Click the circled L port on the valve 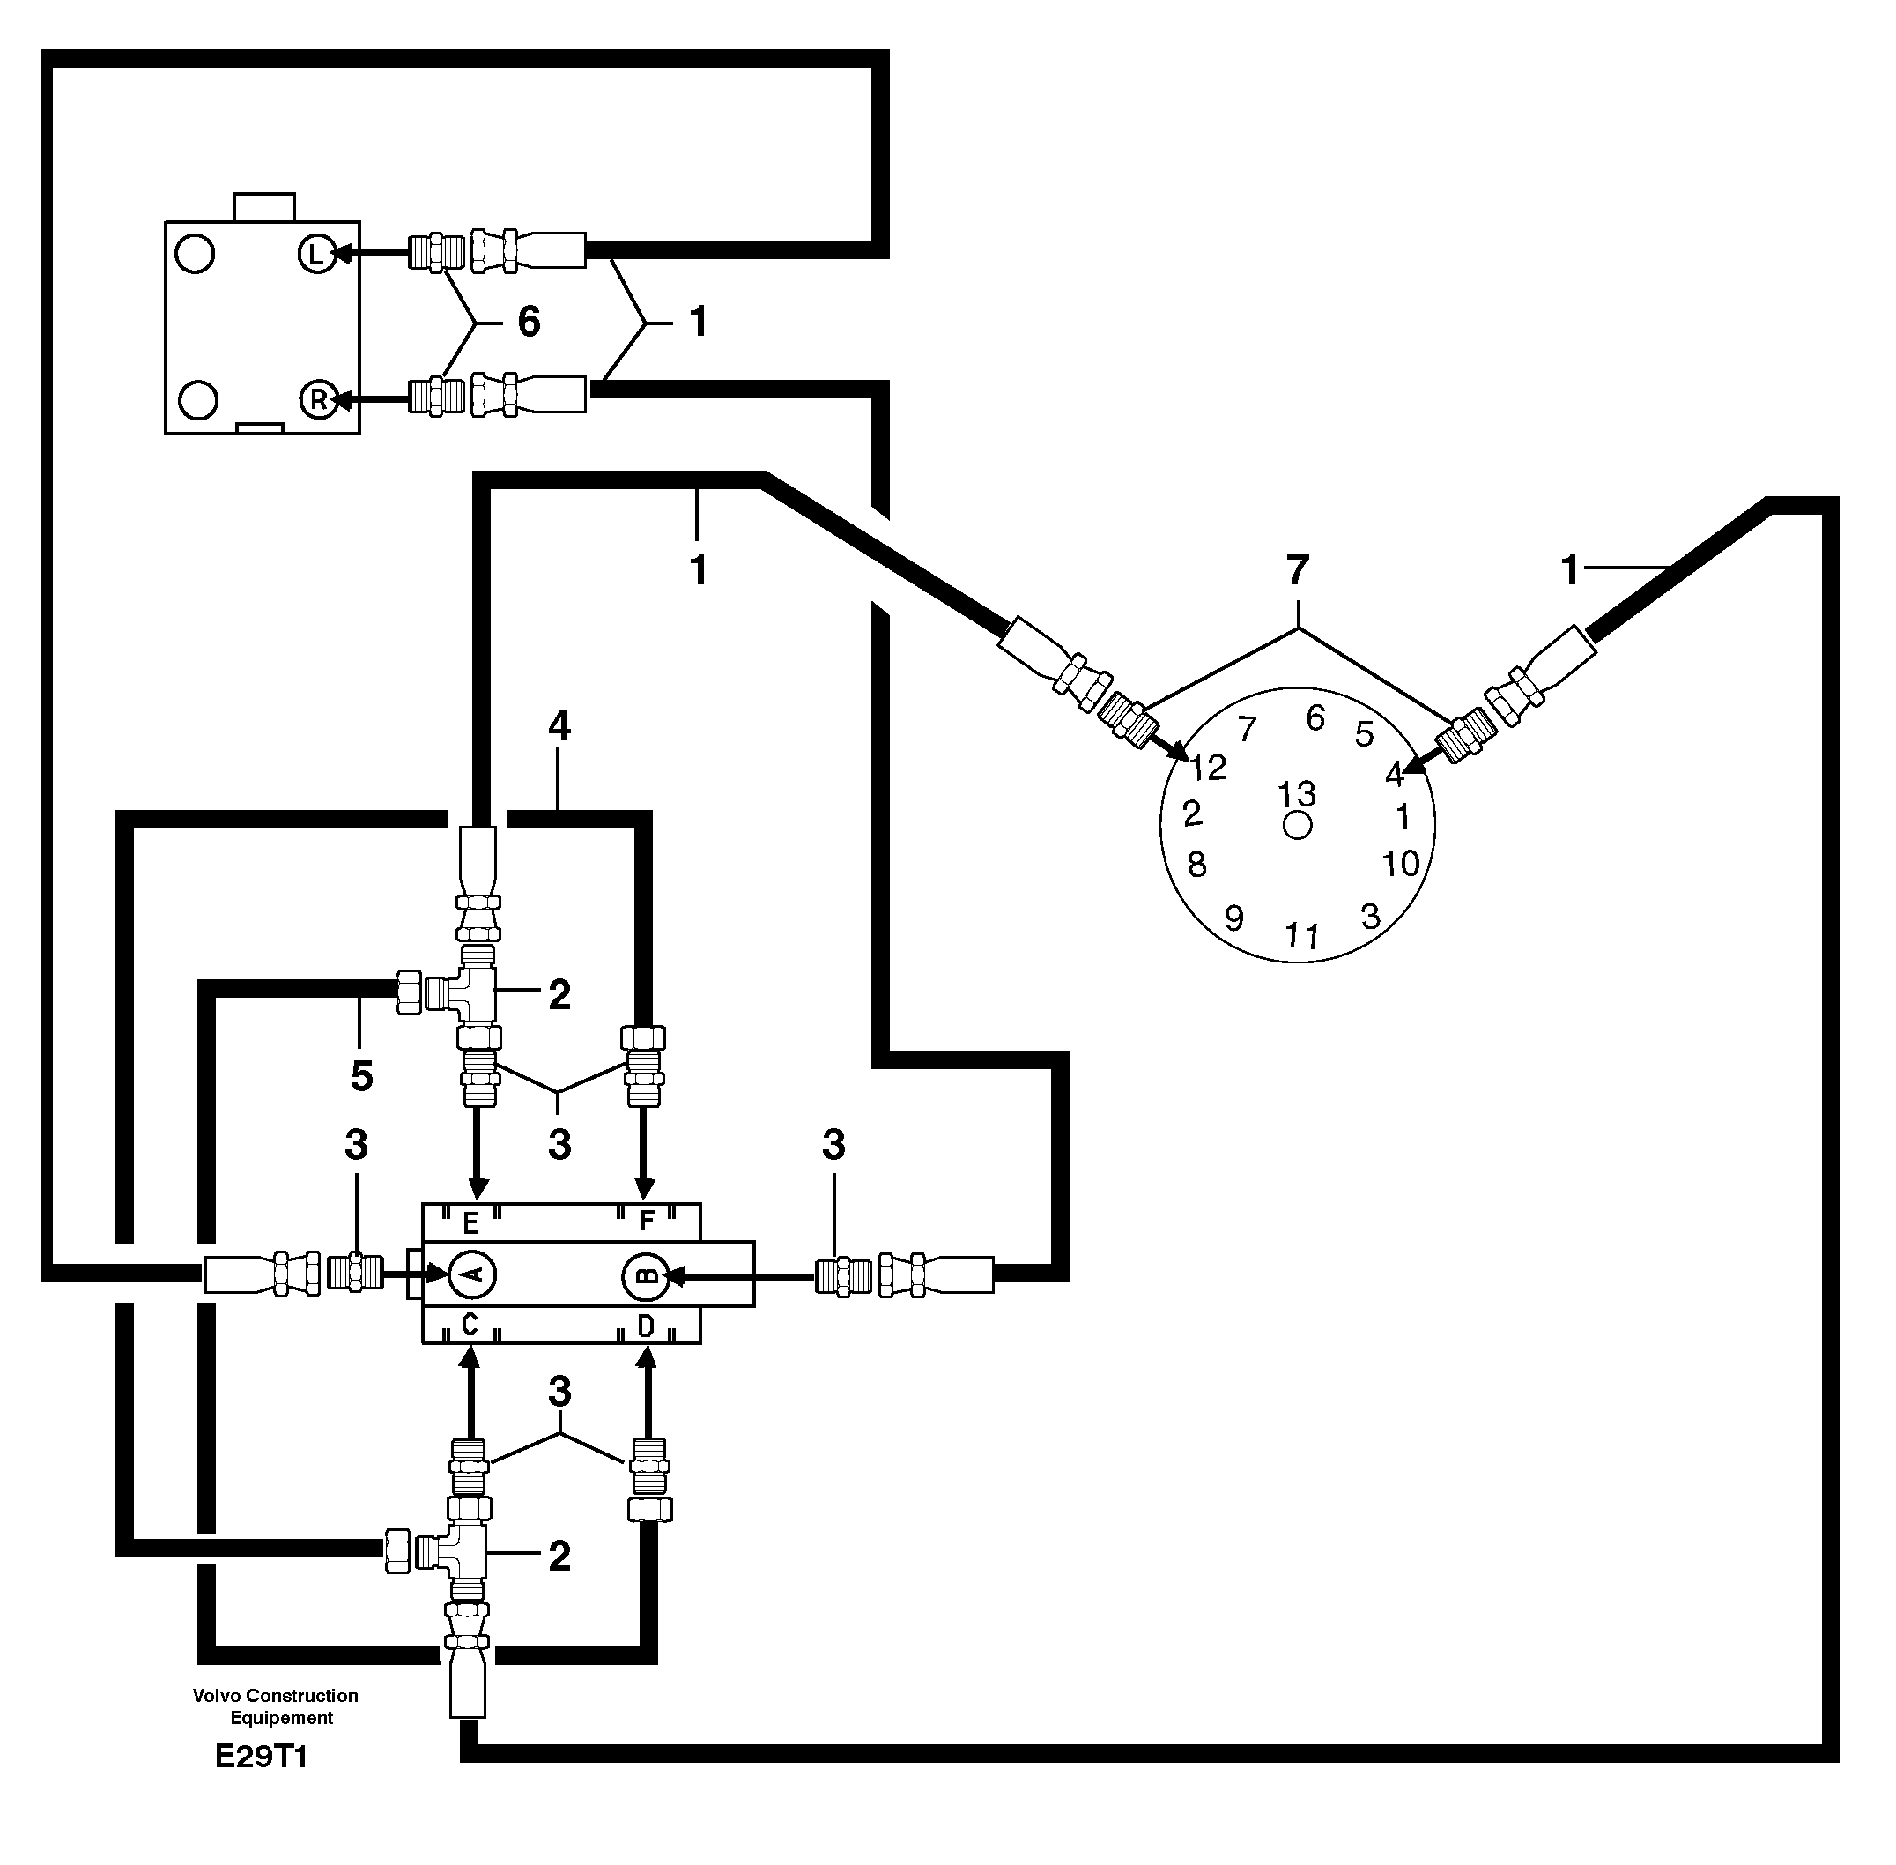(x=316, y=255)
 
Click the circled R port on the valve (x=318, y=399)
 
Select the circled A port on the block (x=472, y=1274)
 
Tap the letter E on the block (x=470, y=1222)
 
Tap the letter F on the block (x=647, y=1222)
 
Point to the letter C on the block (x=469, y=1326)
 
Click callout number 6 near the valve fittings (x=529, y=322)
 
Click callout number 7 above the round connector (x=1298, y=570)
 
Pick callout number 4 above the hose (x=559, y=726)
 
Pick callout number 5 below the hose (x=361, y=1076)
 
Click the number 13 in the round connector (x=1297, y=793)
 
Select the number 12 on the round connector (x=1209, y=767)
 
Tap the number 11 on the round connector (x=1301, y=936)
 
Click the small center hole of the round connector (x=1298, y=826)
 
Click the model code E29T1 (x=262, y=1757)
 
